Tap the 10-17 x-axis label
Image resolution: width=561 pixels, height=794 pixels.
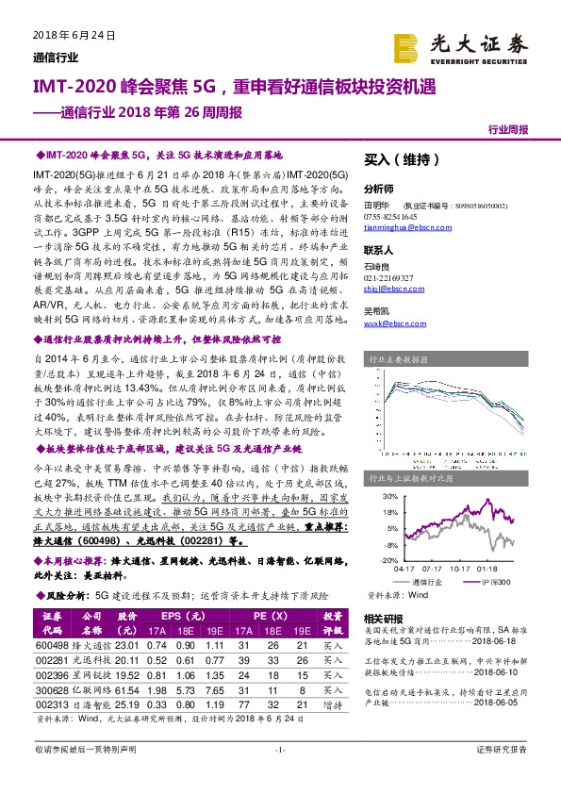click(x=460, y=569)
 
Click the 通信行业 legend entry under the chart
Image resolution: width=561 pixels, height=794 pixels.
click(x=427, y=582)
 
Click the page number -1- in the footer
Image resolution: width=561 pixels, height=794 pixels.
click(x=279, y=775)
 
